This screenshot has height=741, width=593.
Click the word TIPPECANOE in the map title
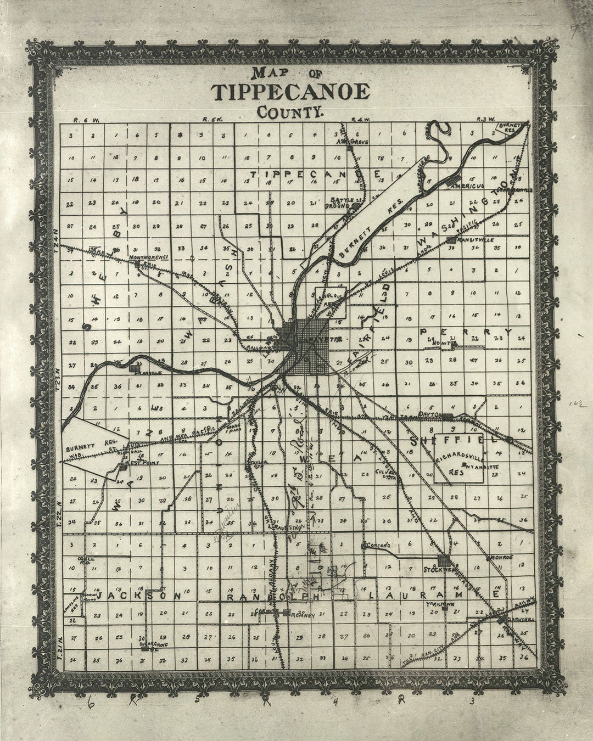click(x=291, y=92)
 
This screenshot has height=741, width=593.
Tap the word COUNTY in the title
click(x=290, y=113)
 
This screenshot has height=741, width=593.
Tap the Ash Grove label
click(x=353, y=142)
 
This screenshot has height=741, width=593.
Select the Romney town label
click(x=304, y=615)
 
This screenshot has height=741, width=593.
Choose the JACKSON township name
click(x=135, y=595)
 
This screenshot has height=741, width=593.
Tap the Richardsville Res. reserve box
click(x=458, y=459)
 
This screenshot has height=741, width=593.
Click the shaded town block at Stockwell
click(x=443, y=561)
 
